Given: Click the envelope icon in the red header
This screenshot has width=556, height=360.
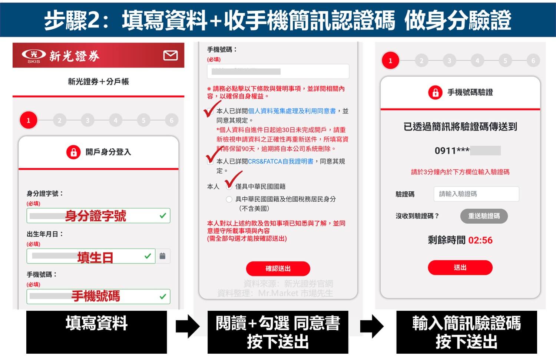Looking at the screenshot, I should coord(171,56).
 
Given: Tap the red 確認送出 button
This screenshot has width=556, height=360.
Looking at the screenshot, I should coord(278,268).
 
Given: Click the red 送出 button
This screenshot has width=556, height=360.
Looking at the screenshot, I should coord(460,267).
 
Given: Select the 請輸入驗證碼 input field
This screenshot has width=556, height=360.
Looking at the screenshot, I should coord(476,194).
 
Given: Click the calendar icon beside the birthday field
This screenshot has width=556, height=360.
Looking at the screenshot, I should coord(162,256).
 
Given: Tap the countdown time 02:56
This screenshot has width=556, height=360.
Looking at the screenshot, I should coord(480,240).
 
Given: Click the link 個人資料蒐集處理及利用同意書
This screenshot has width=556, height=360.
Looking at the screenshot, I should coord(292,111).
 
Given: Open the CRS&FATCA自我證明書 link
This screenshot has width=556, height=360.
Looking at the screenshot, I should coord(281,161).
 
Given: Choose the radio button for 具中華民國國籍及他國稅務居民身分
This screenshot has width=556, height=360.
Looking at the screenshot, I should coord(229,199).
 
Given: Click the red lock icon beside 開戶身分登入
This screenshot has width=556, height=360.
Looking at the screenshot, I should coord(73,152).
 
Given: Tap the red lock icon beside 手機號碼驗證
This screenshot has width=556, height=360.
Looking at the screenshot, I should coord(435,92).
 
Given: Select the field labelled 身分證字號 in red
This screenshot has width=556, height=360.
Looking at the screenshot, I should coord(98,216).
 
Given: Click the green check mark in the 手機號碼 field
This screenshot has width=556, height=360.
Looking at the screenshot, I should coord(162,297).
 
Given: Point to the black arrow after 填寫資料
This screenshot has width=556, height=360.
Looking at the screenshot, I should coord(188,326).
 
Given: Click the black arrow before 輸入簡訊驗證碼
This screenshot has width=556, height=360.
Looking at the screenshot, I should coord(372,326).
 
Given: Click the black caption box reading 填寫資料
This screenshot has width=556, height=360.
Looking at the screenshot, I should coord(96,332).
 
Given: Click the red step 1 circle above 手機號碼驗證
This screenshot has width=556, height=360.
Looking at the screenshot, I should coord(390,61).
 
